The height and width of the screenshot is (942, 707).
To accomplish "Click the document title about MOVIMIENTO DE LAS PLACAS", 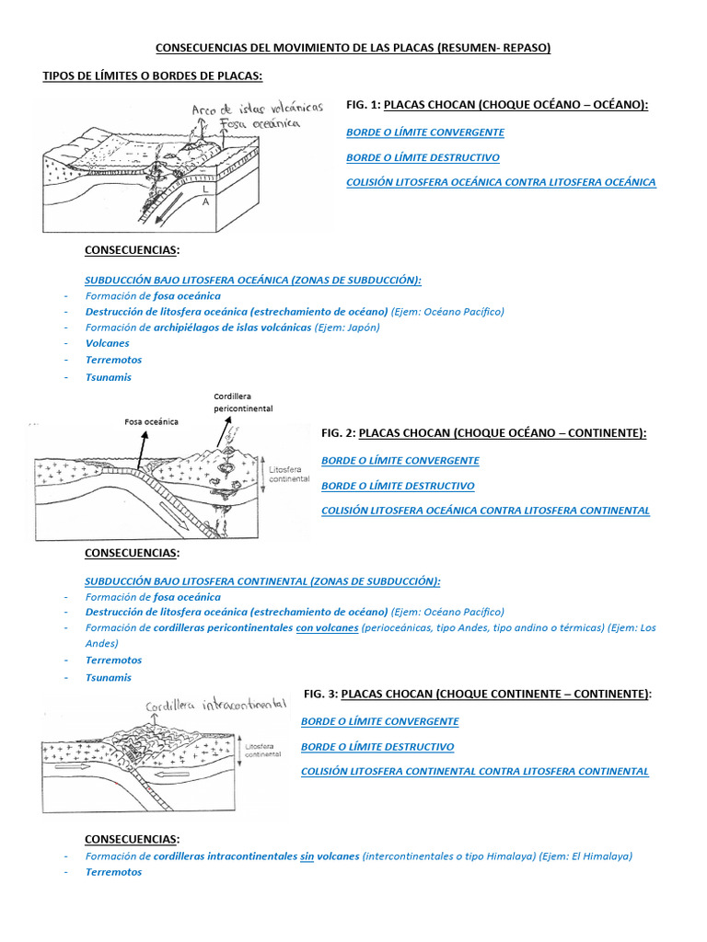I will point(353,48).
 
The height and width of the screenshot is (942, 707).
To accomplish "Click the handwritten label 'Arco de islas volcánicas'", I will point(257,109).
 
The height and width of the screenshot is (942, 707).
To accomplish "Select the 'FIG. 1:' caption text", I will point(364,106).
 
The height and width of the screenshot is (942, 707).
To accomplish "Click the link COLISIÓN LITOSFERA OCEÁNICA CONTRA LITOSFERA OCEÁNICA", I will point(501,182).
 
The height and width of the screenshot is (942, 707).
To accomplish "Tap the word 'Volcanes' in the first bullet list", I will point(108,343).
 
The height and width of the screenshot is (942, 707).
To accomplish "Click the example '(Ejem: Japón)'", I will point(347,327).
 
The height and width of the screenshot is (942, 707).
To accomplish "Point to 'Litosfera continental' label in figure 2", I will point(289,474).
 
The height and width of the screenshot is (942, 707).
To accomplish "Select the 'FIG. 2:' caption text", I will point(339,432).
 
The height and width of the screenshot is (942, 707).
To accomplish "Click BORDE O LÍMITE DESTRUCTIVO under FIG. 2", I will point(398,486).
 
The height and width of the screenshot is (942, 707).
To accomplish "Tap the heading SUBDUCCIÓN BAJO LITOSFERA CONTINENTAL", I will point(262,580).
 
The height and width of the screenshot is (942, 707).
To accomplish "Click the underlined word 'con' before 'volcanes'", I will point(304,627).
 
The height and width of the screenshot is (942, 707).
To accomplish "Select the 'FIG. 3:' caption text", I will point(321,694).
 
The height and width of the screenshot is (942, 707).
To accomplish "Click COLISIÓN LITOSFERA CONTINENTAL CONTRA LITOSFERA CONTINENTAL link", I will point(474,772).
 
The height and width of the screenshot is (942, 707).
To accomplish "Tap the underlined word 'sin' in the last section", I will point(307,856).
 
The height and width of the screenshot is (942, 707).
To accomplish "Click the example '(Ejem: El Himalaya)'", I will point(587,856).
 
